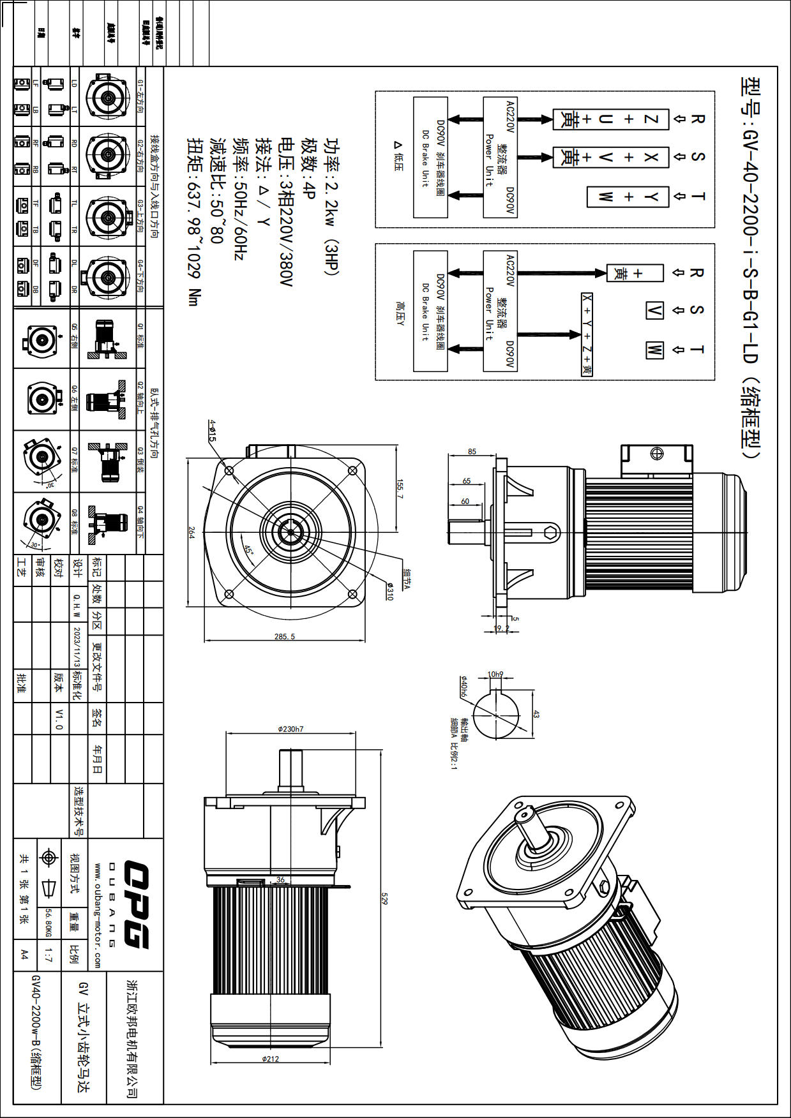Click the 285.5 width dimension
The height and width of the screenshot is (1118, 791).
(x=285, y=636)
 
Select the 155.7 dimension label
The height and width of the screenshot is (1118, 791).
(x=400, y=489)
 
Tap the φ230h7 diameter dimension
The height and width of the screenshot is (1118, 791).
(x=290, y=729)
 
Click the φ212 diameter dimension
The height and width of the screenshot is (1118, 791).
(x=270, y=1059)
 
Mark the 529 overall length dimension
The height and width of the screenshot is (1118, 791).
(x=384, y=898)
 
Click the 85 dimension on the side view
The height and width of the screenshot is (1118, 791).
(x=472, y=451)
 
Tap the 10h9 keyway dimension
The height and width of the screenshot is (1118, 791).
(x=495, y=674)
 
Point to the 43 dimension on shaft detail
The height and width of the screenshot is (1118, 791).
(x=536, y=715)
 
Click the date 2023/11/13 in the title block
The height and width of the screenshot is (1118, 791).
(x=77, y=646)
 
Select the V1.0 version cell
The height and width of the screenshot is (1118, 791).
(x=59, y=719)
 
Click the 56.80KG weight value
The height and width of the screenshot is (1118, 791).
(x=49, y=923)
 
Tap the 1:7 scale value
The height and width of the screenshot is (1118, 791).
(x=49, y=955)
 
